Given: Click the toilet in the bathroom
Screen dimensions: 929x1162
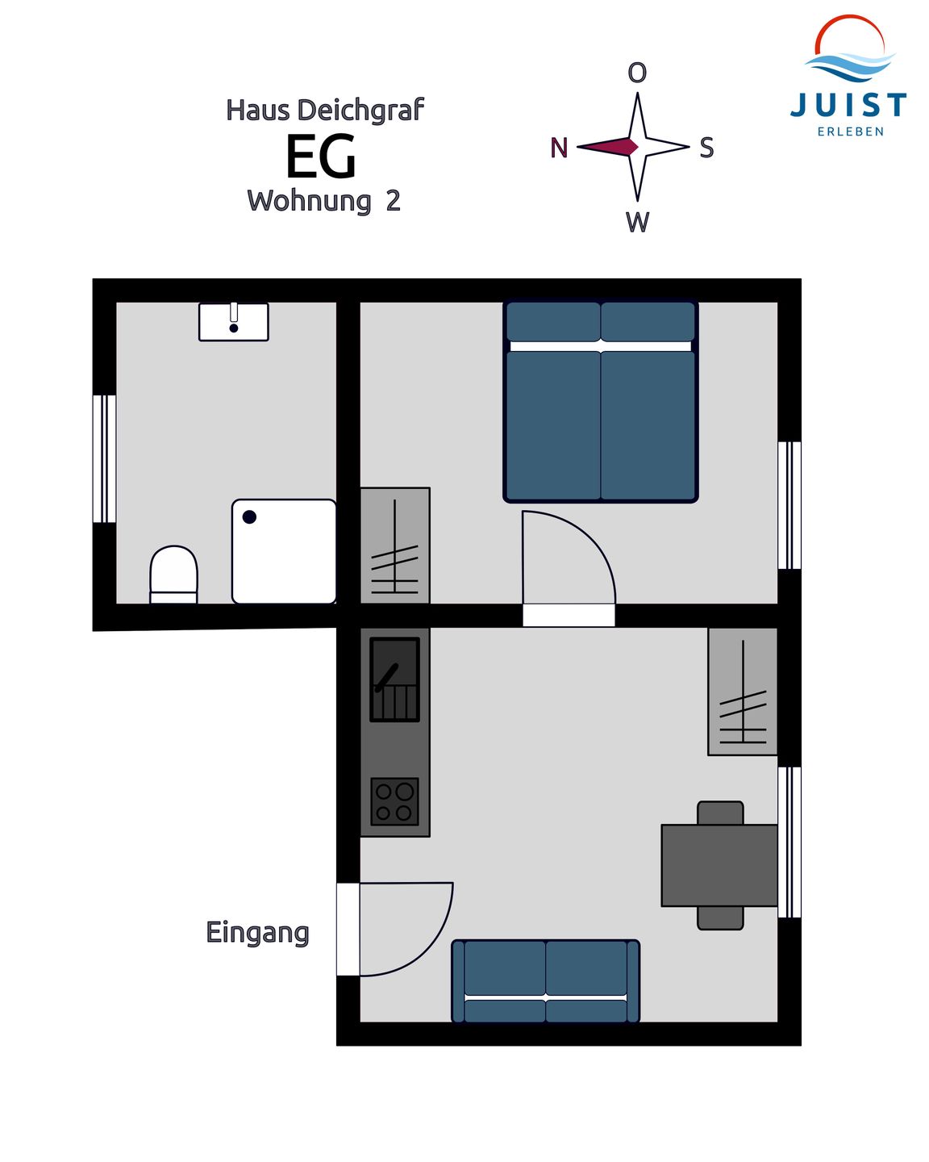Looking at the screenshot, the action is pyautogui.click(x=173, y=575).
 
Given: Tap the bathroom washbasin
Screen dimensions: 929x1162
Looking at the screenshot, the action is pyautogui.click(x=233, y=321).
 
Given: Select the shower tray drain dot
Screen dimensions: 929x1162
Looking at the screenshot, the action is pyautogui.click(x=249, y=516).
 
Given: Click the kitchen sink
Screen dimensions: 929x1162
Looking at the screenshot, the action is pyautogui.click(x=394, y=679).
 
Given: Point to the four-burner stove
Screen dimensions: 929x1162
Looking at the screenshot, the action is pyautogui.click(x=394, y=801).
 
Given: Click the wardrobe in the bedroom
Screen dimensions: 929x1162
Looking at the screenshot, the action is pyautogui.click(x=394, y=545).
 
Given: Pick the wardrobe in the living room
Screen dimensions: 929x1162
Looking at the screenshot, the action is pyautogui.click(x=743, y=692).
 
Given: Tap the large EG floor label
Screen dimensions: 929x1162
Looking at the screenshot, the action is pyautogui.click(x=321, y=156).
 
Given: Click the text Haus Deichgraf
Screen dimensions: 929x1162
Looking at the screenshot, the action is pyautogui.click(x=324, y=110).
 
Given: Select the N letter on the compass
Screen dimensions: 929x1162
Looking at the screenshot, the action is pyautogui.click(x=559, y=148).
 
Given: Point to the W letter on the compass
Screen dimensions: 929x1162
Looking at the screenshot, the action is pyautogui.click(x=637, y=221).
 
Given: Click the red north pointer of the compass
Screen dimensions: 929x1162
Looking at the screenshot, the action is pyautogui.click(x=607, y=146).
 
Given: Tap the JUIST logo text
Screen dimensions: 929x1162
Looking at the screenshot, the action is pyautogui.click(x=848, y=105).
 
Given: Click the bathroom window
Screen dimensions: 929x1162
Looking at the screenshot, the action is pyautogui.click(x=104, y=458).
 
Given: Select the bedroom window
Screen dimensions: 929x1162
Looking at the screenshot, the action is pyautogui.click(x=789, y=505).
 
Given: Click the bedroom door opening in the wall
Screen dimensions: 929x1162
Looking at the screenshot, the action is pyautogui.click(x=569, y=616).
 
